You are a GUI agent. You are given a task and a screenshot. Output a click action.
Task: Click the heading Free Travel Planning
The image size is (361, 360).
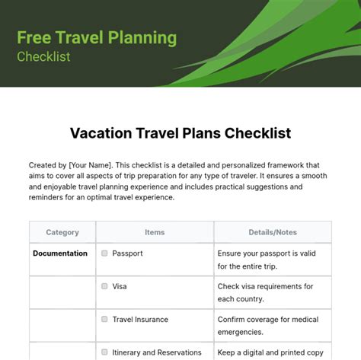pos(97,37)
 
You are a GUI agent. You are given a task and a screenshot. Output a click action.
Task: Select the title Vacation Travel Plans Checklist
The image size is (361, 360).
pos(180,133)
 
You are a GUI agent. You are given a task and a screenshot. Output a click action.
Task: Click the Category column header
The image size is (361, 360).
pos(62,232)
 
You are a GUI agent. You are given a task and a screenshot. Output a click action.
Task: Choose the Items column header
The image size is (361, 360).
pos(154,232)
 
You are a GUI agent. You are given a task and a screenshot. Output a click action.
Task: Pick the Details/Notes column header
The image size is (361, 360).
pos(273,232)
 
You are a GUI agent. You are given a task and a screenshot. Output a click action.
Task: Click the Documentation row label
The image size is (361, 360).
pos(60,253)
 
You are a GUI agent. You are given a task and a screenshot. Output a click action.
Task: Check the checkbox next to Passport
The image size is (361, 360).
pos(104,253)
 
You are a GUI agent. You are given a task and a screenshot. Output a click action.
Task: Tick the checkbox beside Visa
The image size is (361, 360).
pos(104,286)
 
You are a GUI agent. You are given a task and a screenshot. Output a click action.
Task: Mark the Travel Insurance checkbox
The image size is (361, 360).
pos(104,320)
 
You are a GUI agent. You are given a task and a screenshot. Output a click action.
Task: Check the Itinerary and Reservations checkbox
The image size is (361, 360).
pos(104,352)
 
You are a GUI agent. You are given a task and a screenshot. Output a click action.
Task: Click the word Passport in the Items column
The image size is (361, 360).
pos(128,253)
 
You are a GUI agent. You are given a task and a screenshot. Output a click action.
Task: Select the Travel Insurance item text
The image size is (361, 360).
pos(140,320)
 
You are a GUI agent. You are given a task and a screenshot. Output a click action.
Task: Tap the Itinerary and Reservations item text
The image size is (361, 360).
pos(157,352)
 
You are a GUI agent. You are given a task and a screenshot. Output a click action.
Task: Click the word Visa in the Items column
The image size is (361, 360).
pos(120,286)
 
